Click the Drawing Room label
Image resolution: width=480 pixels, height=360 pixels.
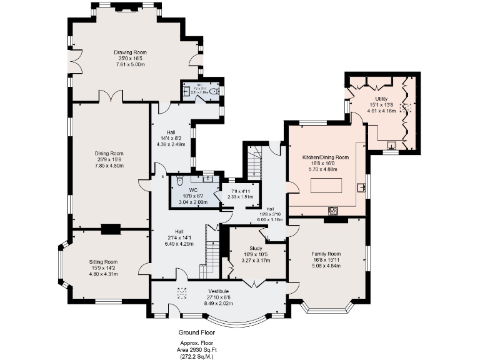(x=129, y=52)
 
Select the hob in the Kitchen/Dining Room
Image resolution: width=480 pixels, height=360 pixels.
(x=333, y=211)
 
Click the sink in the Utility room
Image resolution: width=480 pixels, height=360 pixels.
(x=392, y=147)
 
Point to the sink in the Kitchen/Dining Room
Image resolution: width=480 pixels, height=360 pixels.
(x=361, y=187)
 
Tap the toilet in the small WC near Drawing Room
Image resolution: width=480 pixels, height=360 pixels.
(x=214, y=91)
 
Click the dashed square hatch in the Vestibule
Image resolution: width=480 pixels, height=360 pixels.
(x=182, y=292)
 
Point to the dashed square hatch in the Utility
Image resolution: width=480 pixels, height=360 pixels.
(x=407, y=107)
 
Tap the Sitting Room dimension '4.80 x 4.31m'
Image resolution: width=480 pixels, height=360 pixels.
(x=102, y=274)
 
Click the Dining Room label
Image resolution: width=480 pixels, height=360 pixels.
(x=109, y=153)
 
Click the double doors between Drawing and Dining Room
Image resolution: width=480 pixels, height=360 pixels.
(x=111, y=98)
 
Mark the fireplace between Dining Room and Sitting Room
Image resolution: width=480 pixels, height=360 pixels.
(x=111, y=229)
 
